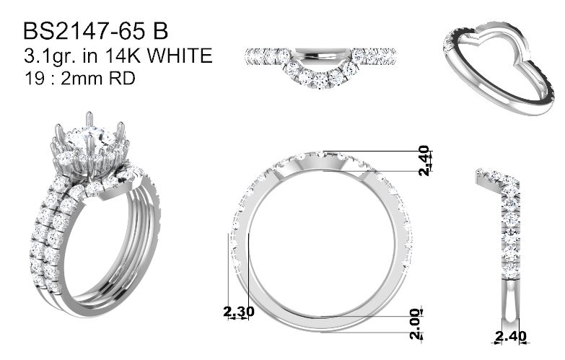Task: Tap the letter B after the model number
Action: tap(161, 31)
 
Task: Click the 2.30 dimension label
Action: tap(239, 312)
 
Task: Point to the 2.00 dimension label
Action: tap(416, 324)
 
